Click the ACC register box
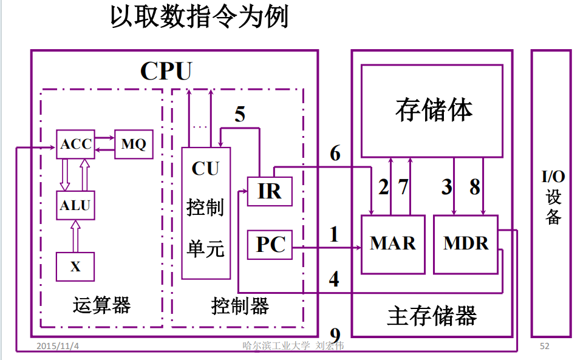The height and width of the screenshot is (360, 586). coord(75,144)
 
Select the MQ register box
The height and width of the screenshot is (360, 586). coord(134,144)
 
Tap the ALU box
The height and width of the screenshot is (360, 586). coord(75,205)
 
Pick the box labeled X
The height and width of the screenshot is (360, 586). coord(75,267)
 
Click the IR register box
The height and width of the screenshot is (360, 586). coord(270,191)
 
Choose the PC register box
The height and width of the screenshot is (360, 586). coord(270,245)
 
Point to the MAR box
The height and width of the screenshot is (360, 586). coord(392,244)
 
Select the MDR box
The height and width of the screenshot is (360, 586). coord(466,244)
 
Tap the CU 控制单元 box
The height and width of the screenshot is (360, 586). coord(206,212)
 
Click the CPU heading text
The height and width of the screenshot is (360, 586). coord(166,71)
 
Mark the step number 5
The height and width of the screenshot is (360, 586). coord(240,114)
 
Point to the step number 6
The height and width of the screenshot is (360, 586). coord(335,154)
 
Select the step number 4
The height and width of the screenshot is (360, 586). coord(334,279)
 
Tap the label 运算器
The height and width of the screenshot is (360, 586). coord(101,305)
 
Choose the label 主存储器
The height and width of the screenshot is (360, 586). coord(432,316)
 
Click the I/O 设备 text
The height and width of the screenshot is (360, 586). coord(553,198)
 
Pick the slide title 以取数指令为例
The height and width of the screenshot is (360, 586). coord(199,18)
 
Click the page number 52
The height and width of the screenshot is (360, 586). coord(544,346)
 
